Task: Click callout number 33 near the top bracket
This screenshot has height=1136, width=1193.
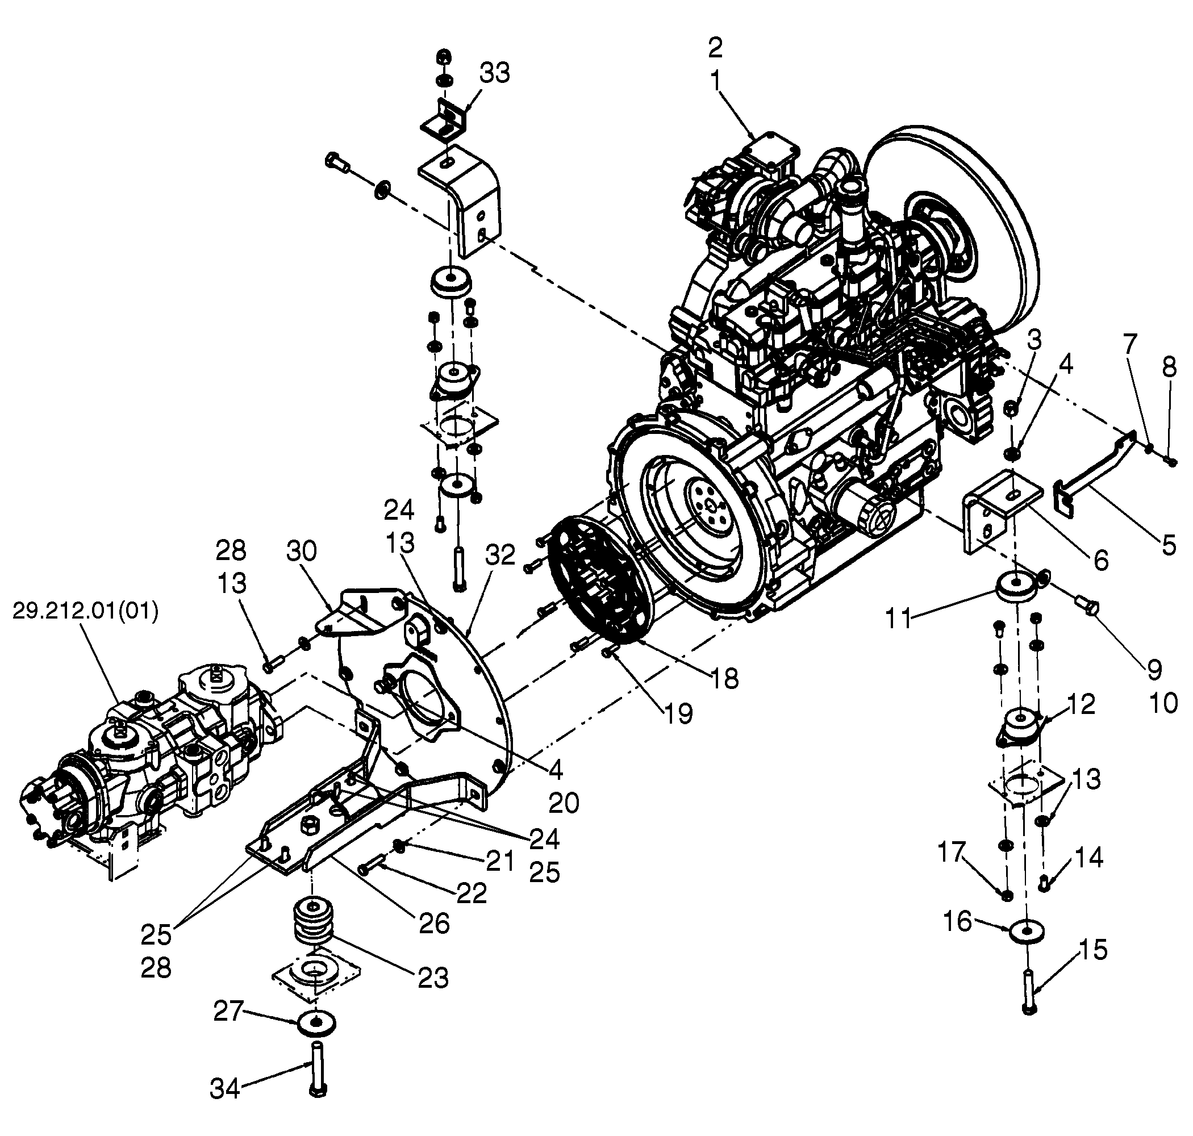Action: [x=495, y=73]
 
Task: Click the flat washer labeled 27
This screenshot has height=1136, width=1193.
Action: [x=317, y=1023]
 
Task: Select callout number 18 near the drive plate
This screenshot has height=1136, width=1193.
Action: [x=725, y=679]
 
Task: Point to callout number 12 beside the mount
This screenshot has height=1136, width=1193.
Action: [x=1081, y=704]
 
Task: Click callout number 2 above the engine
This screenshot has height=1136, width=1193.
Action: [x=715, y=47]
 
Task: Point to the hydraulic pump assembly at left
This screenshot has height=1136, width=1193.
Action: [x=151, y=766]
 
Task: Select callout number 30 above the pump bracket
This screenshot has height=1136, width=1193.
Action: [x=302, y=552]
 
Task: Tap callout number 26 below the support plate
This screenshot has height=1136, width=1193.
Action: [x=434, y=923]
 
